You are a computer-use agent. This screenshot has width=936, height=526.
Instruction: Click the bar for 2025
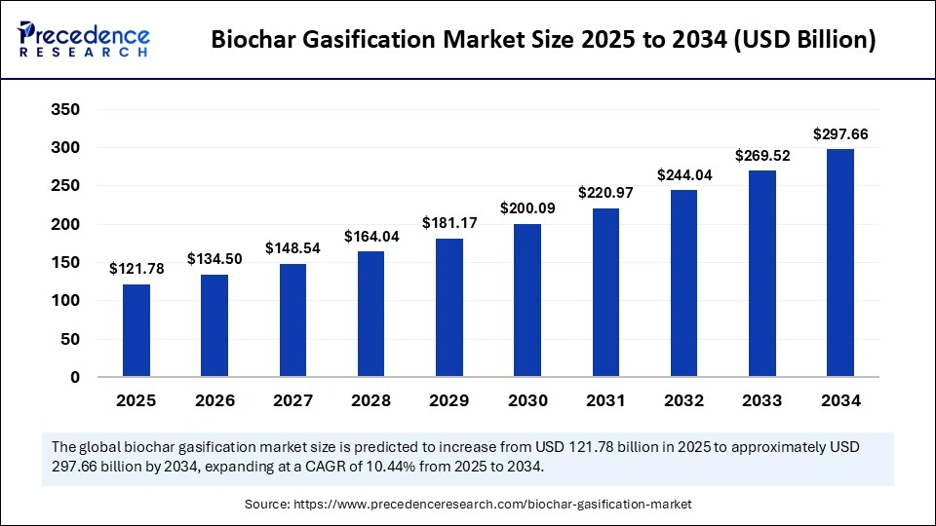(x=136, y=330)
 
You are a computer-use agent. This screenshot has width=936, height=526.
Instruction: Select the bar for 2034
(x=840, y=262)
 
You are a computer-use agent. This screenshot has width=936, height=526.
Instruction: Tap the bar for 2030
(x=527, y=300)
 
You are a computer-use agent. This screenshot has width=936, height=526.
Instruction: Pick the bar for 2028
(x=371, y=314)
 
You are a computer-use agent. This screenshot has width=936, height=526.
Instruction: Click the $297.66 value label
(x=840, y=133)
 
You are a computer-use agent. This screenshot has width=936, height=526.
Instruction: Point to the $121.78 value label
(x=136, y=269)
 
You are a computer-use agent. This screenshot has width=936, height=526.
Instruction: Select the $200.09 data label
(x=527, y=208)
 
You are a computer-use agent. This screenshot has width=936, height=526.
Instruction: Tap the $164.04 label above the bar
(x=371, y=236)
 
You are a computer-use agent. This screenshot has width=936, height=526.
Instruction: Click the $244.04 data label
(x=683, y=174)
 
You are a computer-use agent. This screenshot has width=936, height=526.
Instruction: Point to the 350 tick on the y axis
(x=65, y=109)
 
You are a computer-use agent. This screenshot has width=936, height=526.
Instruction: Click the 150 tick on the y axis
(x=65, y=262)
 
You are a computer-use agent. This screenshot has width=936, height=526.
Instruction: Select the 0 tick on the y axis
(x=74, y=377)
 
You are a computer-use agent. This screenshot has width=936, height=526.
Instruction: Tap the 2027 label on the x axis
(x=292, y=400)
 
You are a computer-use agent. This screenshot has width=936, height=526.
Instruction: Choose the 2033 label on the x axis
(x=761, y=400)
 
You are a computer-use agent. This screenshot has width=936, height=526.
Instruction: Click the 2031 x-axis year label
(x=605, y=400)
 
